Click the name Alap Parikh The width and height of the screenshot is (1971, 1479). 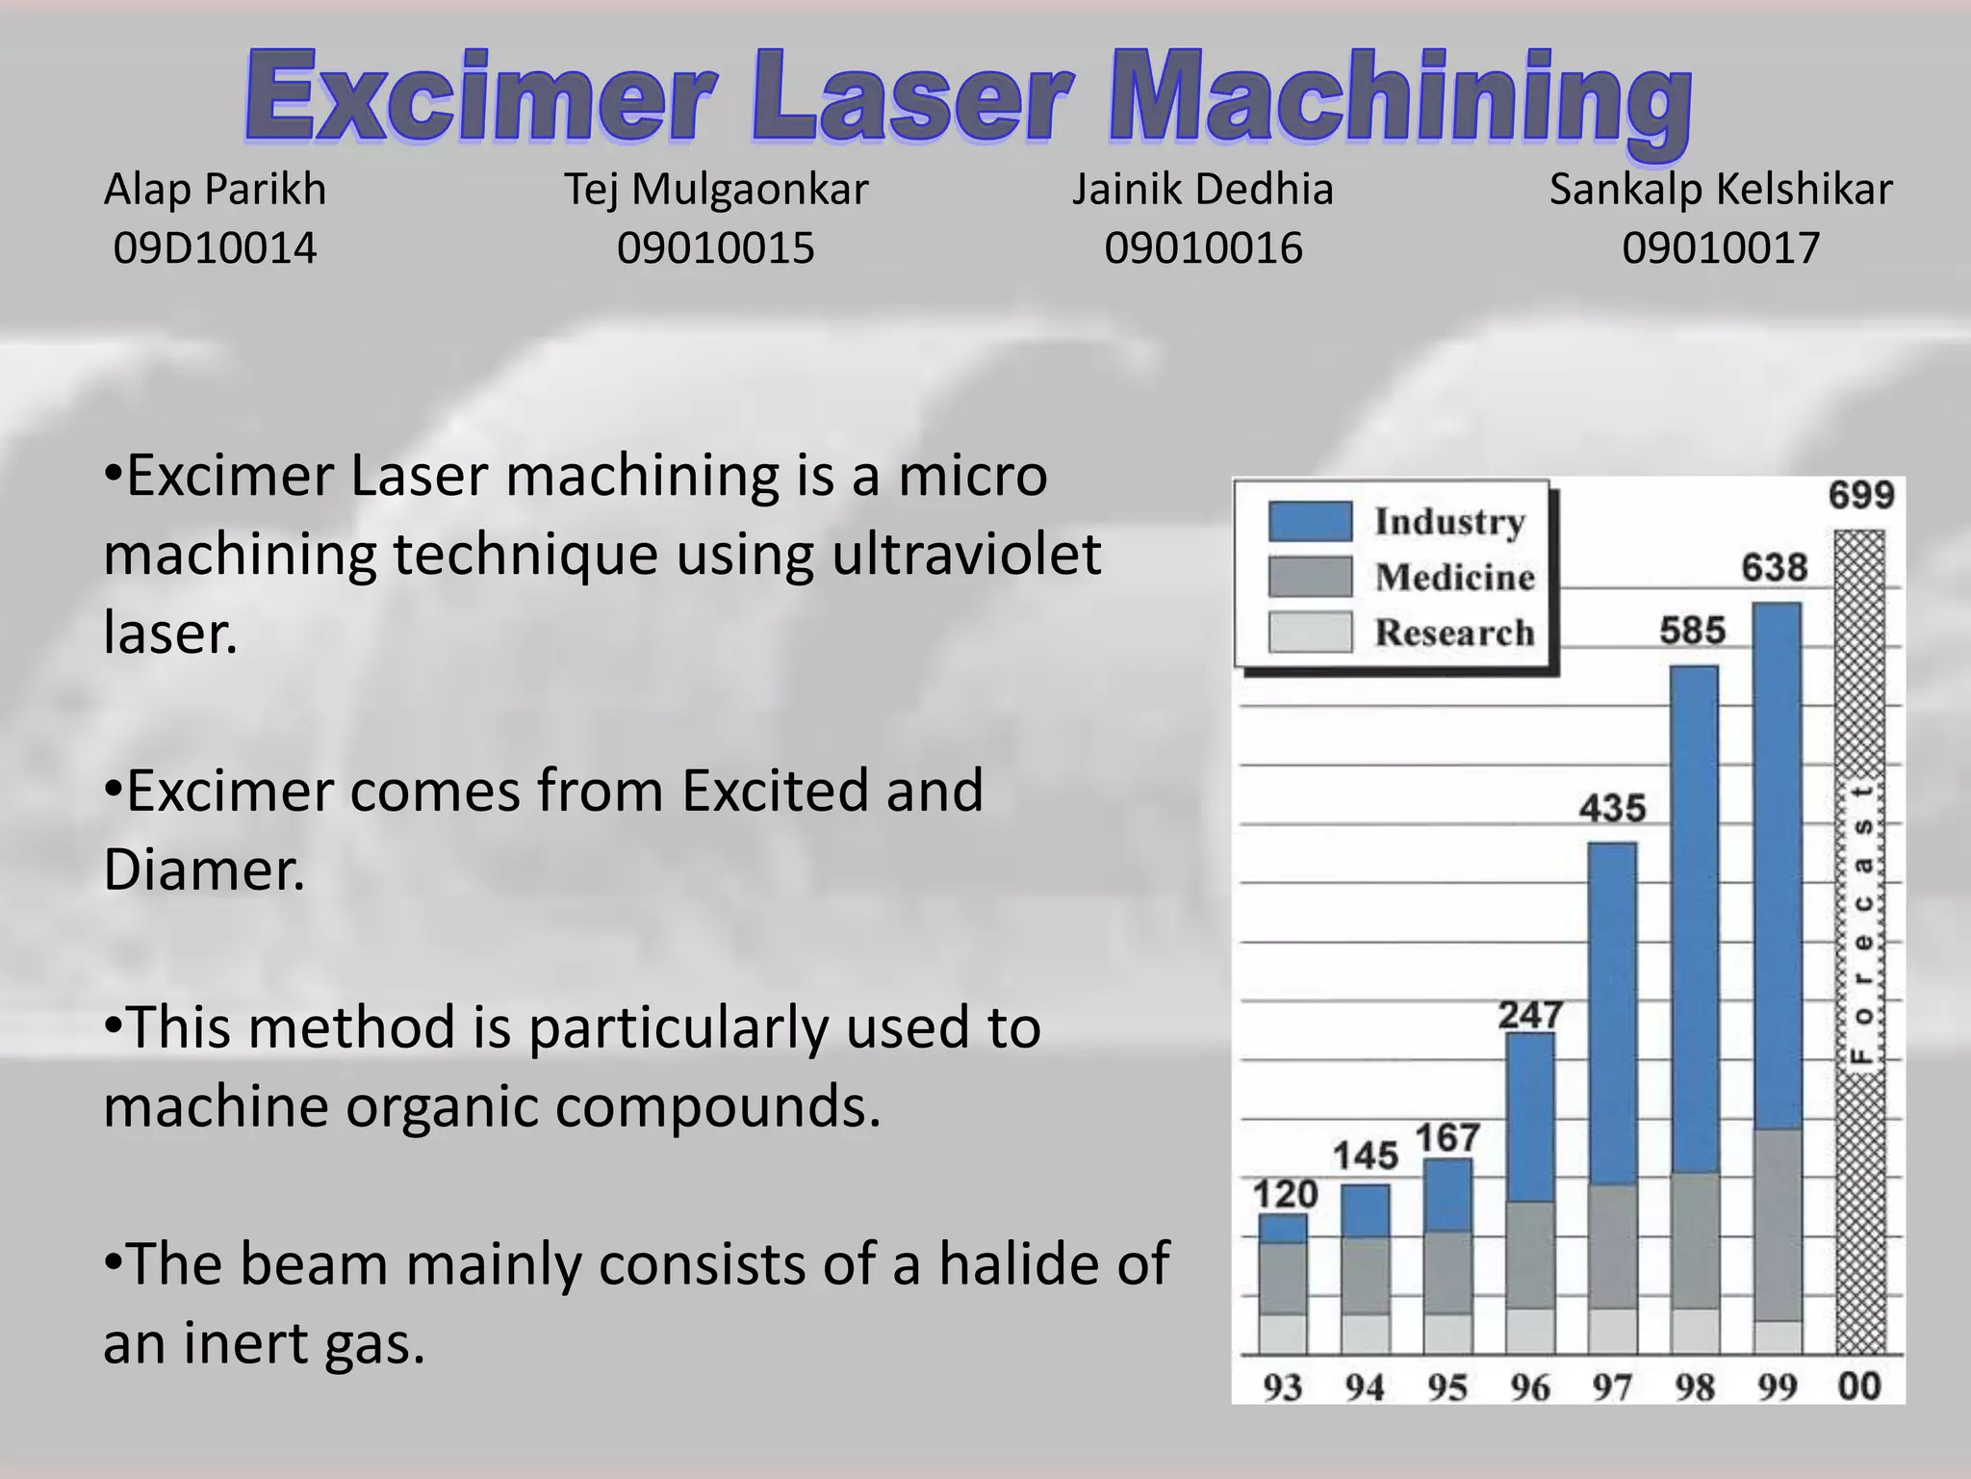point(215,190)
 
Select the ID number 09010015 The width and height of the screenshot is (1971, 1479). point(715,248)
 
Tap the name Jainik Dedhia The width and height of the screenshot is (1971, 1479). point(1203,190)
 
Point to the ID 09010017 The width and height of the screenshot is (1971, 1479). point(1720,248)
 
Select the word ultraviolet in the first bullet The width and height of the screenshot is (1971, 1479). point(966,555)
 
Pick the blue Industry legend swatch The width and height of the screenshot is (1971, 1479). point(1309,521)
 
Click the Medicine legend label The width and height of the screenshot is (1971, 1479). point(1454,577)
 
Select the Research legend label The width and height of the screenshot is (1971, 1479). point(1454,633)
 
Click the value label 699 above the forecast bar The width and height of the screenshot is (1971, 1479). point(1860,495)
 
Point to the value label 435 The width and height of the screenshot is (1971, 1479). point(1612,807)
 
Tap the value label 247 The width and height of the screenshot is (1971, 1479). point(1529,1015)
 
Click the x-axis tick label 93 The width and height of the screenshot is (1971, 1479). point(1282,1388)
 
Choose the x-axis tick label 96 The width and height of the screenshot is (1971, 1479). point(1529,1388)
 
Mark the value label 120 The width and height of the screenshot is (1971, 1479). point(1284,1195)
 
